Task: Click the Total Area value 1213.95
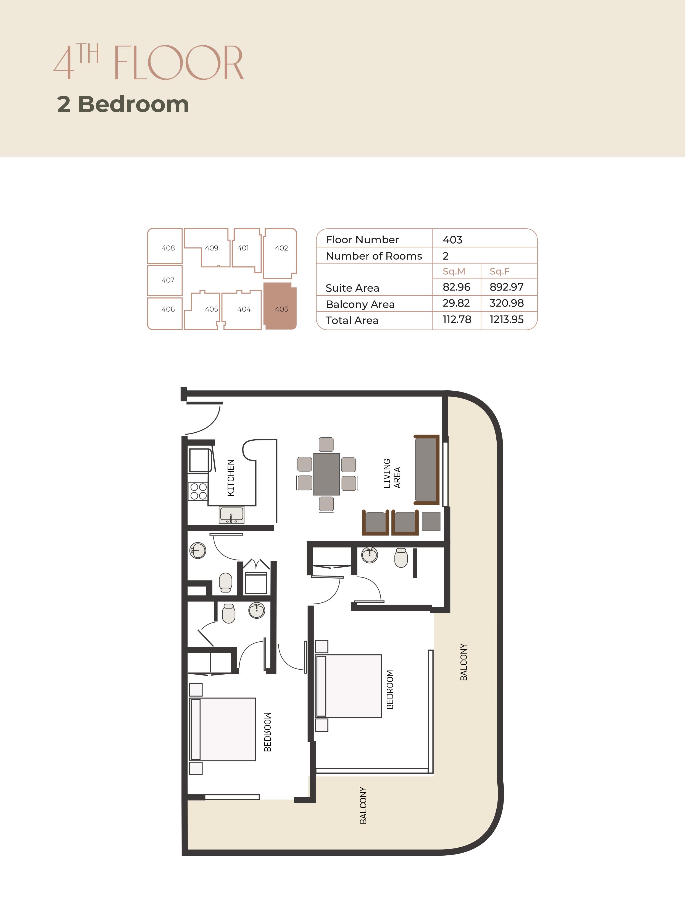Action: [x=506, y=320]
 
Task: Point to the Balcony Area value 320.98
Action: [x=506, y=303]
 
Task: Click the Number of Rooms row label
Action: [x=374, y=256]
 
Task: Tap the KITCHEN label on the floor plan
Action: [x=231, y=478]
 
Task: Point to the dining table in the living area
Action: [x=326, y=474]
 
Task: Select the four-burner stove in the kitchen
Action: [x=198, y=491]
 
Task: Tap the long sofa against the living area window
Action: [x=427, y=470]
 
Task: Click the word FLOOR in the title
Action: [x=178, y=63]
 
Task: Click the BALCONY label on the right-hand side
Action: [x=463, y=662]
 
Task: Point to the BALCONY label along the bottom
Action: [x=363, y=805]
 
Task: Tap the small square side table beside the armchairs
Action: [x=431, y=521]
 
